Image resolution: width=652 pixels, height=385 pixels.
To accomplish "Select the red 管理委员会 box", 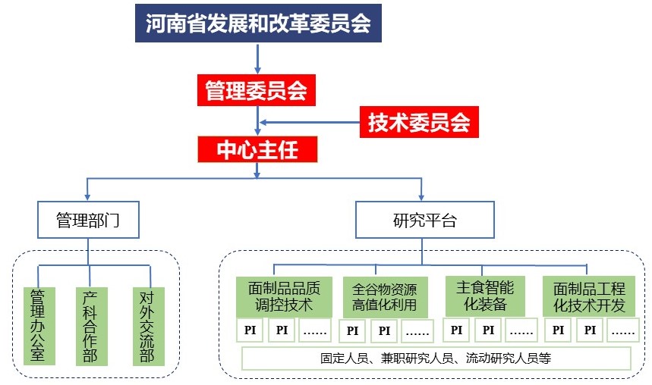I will (x=256, y=92).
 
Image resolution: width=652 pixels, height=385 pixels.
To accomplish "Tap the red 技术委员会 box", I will (x=419, y=121).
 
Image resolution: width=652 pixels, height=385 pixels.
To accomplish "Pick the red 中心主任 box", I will (x=256, y=149).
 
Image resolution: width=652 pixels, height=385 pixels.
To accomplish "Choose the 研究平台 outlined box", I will (x=425, y=221).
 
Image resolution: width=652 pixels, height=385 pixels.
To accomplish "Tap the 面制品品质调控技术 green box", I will (x=284, y=296).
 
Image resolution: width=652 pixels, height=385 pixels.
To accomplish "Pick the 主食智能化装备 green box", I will (x=485, y=296).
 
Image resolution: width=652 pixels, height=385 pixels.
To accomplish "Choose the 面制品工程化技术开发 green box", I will (x=589, y=296).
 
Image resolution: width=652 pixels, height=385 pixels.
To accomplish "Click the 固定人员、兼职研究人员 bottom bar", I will (x=436, y=358).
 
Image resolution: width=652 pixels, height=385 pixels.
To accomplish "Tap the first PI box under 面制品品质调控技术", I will (x=250, y=330).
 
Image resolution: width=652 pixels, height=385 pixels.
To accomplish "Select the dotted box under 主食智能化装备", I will (x=521, y=330).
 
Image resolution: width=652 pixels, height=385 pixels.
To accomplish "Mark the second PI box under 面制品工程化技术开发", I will (x=591, y=330).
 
